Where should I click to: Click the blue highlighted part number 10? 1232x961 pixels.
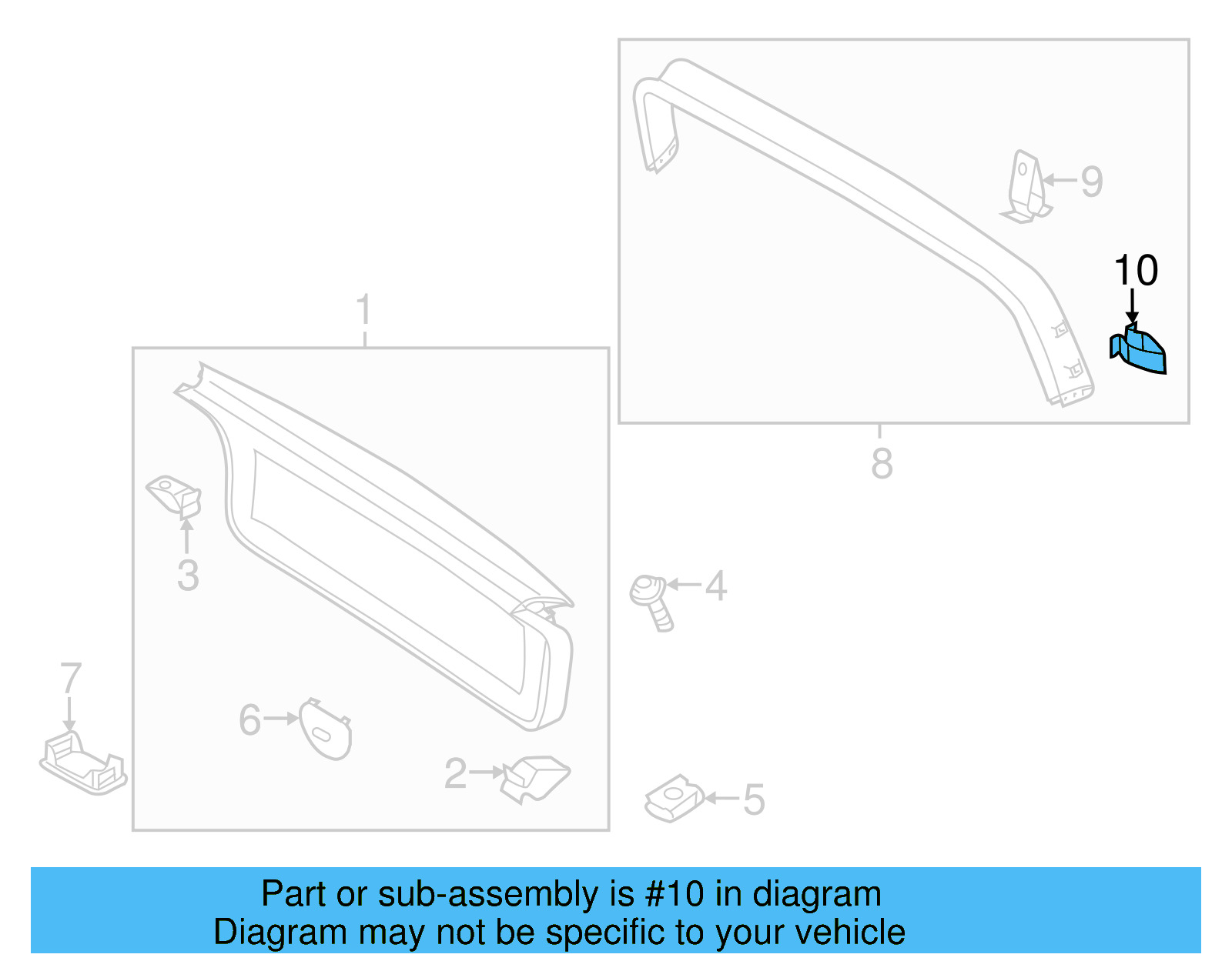point(1140,352)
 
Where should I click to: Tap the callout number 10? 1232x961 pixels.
point(1136,271)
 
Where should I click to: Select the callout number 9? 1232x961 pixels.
point(1092,182)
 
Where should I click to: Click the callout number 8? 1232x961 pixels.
point(882,464)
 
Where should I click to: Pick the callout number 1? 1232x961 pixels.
point(364,310)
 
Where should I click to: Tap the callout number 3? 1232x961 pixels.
point(188,576)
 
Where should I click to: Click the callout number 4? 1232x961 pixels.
point(716,586)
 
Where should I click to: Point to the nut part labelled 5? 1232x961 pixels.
point(674,797)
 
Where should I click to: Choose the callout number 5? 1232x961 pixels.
point(754,800)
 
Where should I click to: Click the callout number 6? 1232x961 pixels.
point(250,720)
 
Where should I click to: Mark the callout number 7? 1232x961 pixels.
point(70,679)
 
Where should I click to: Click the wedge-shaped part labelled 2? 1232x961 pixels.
point(536,777)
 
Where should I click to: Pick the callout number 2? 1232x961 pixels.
point(455,773)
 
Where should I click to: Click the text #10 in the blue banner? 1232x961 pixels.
point(675,894)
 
